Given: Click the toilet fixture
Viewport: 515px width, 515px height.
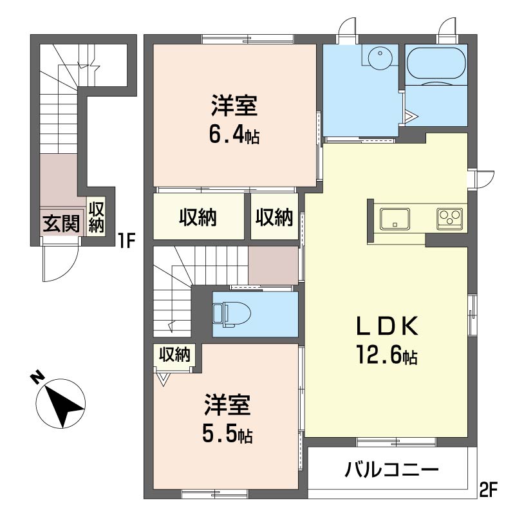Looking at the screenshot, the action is pyautogui.click(x=231, y=314).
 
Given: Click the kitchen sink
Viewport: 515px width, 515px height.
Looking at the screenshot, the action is pyautogui.click(x=395, y=218).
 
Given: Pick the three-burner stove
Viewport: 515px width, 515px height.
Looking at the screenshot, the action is pyautogui.click(x=449, y=218).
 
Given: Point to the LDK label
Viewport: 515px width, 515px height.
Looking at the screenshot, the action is pyautogui.click(x=388, y=326).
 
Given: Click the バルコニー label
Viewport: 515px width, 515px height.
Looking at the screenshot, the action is pyautogui.click(x=391, y=471).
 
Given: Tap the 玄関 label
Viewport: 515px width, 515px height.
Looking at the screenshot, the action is pyautogui.click(x=61, y=224).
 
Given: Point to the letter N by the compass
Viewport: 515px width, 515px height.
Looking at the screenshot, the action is pyautogui.click(x=37, y=378).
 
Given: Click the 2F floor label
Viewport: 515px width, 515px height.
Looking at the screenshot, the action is pyautogui.click(x=489, y=489).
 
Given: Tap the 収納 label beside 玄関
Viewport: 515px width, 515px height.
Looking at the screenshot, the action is pyautogui.click(x=96, y=217).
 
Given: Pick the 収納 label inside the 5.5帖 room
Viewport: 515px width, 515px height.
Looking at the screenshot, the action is pyautogui.click(x=174, y=355).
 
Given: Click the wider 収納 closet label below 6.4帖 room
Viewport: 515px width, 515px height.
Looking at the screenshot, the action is pyautogui.click(x=198, y=217).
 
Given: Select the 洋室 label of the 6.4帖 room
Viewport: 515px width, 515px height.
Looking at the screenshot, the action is pyautogui.click(x=234, y=106).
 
